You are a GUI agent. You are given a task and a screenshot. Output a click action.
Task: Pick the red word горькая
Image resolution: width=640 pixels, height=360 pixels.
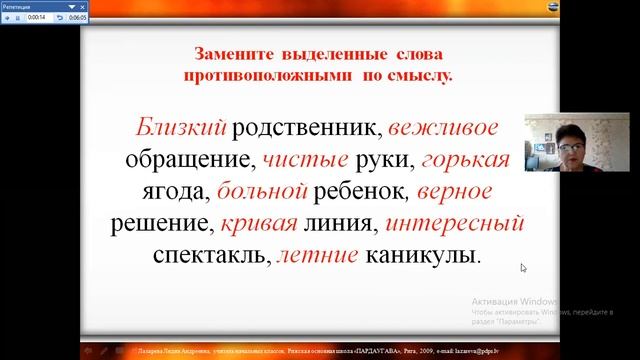click(x=466, y=159)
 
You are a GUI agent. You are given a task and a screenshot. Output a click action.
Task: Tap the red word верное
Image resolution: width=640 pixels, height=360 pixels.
click(x=455, y=190)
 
